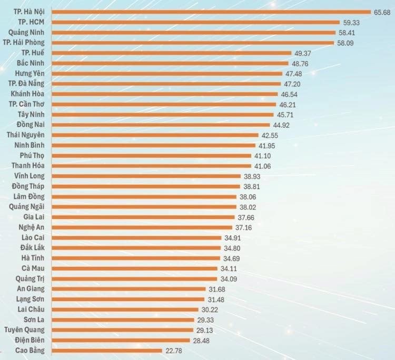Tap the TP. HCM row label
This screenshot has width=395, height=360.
pyautogui.click(x=31, y=22)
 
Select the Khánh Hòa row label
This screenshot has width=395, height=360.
pyautogui.click(x=28, y=94)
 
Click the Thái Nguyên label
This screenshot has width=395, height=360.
pyautogui.click(x=26, y=135)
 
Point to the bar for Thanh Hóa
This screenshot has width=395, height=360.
pyautogui.click(x=152, y=166)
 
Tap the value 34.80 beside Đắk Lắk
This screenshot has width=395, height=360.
pyautogui.click(x=232, y=248)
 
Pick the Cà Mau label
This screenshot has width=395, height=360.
pyautogui.click(x=33, y=268)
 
